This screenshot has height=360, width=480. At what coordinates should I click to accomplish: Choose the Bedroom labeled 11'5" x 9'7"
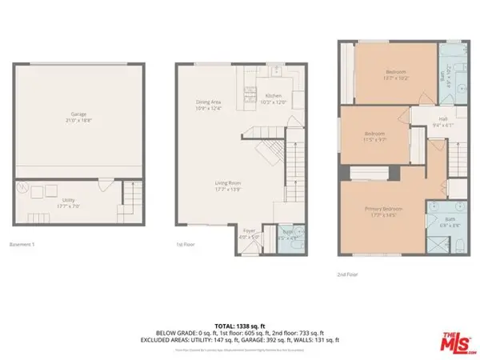[x=374, y=136]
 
